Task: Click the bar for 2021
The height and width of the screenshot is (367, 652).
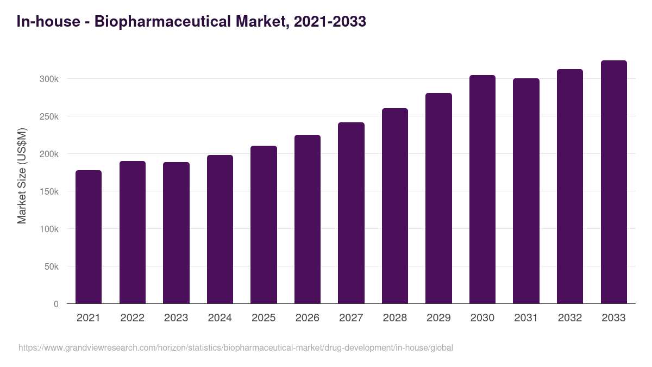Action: [x=89, y=237]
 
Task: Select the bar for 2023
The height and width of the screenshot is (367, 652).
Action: [x=176, y=233]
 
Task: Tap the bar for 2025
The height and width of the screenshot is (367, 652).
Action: [x=264, y=225]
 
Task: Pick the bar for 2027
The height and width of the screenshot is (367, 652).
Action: [x=351, y=213]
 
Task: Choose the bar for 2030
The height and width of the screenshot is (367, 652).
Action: [x=482, y=189]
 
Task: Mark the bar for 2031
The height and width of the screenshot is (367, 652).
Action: [x=526, y=191]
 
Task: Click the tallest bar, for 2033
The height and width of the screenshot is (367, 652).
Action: [x=613, y=182]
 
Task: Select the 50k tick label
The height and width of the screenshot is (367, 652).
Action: [x=51, y=266]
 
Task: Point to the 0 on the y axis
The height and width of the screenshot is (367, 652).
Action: [x=56, y=304]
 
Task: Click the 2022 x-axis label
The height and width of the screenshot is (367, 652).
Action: [x=132, y=318]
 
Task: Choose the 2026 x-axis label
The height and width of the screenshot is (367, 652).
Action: [x=307, y=318]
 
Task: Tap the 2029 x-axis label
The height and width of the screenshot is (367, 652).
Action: [x=438, y=318]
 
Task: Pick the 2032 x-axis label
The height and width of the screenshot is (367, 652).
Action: [x=570, y=318]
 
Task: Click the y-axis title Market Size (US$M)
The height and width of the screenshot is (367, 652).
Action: [x=22, y=176]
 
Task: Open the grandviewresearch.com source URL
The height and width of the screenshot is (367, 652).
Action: [x=235, y=347]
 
